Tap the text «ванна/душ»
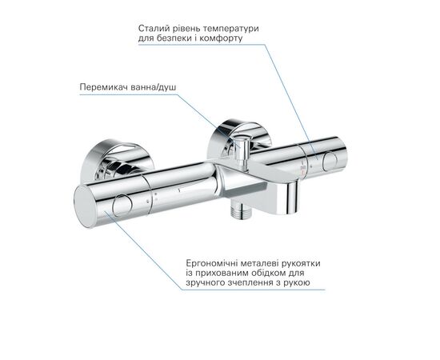(152, 87)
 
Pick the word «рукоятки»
(301, 264)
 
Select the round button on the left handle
(122, 206)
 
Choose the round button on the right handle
(330, 162)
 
